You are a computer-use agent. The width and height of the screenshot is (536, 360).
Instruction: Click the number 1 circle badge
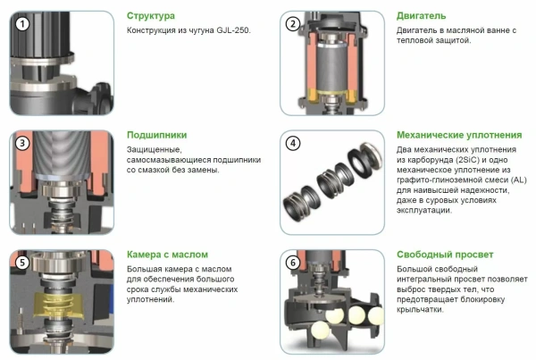[x=22, y=24]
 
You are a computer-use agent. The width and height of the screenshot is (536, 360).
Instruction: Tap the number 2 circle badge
[x=293, y=24]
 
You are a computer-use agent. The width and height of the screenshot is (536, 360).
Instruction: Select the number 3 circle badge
[x=22, y=143]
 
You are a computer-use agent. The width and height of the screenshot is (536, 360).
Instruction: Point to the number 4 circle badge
[x=293, y=143]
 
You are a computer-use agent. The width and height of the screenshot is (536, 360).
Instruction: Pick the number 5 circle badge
[x=22, y=263]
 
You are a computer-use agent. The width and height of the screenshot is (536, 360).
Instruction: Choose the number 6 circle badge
[x=293, y=263]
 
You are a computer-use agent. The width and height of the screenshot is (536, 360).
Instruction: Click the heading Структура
[x=151, y=16]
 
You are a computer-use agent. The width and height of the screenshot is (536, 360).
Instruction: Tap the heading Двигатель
[x=421, y=16]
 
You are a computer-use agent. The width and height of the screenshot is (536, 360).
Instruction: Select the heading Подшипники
[x=157, y=135]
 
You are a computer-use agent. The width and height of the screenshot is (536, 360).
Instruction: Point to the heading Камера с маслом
[x=167, y=255]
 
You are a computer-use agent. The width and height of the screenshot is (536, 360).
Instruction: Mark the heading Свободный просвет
[x=445, y=255]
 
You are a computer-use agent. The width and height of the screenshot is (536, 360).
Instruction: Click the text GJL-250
[x=233, y=30]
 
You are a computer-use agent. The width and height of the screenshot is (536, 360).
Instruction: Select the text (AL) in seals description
[x=519, y=180]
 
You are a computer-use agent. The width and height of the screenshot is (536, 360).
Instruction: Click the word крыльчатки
[x=420, y=310]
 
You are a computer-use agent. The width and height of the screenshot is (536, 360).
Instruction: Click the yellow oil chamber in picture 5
[x=60, y=305]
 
